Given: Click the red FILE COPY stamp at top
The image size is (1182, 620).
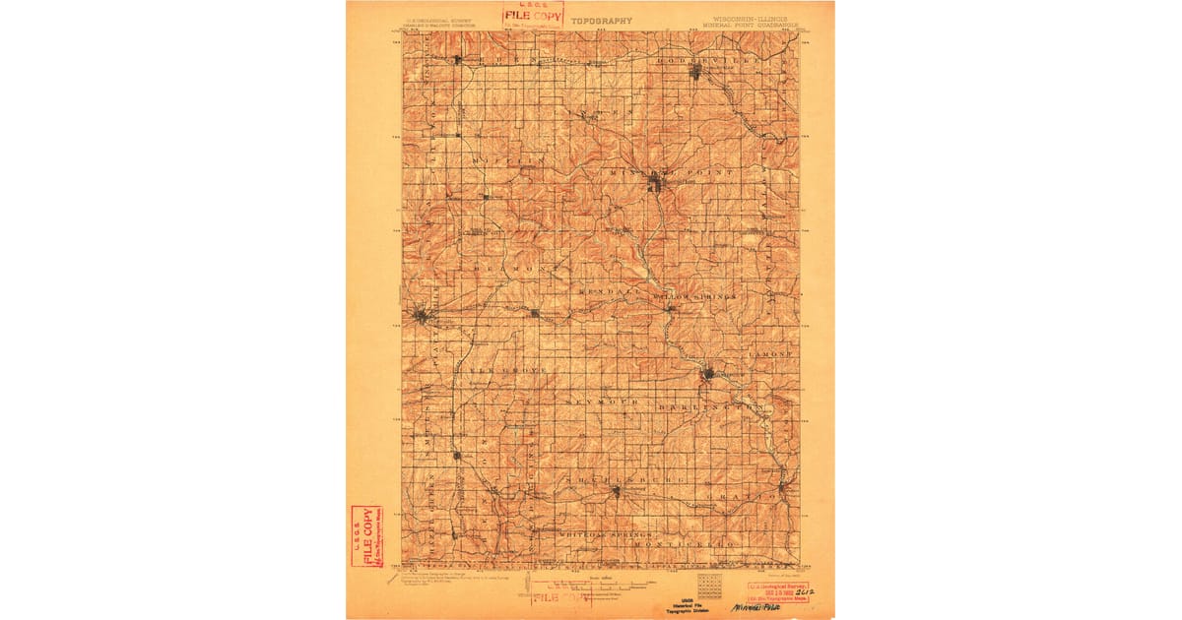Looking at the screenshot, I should pos(532,14).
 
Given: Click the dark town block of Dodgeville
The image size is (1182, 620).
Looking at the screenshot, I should pos(694,71).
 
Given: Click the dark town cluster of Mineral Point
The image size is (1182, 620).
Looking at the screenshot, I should pos(656,183).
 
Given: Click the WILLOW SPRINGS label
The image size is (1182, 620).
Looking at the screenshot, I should pos(700,296).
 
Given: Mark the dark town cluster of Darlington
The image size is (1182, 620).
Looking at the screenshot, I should pos(708,373).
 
